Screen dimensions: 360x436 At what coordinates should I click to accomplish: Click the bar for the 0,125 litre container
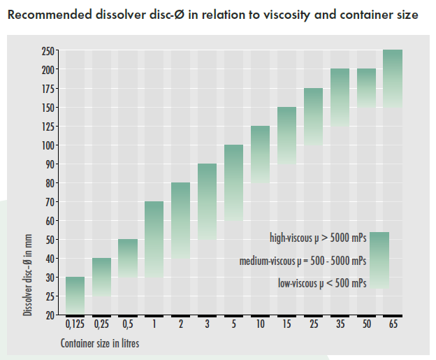click(75, 296)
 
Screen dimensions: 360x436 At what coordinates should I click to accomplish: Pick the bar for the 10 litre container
click(260, 154)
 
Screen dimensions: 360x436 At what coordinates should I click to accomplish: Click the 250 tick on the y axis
click(48, 51)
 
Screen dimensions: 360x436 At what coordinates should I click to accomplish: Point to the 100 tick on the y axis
click(48, 145)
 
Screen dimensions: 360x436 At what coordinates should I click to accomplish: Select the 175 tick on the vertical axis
click(48, 89)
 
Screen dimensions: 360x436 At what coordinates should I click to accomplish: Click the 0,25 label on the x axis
click(101, 324)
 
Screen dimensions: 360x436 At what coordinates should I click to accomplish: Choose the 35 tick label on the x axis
click(340, 324)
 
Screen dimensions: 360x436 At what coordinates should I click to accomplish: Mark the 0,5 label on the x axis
click(128, 324)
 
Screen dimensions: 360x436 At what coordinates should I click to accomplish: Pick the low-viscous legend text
click(321, 283)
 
